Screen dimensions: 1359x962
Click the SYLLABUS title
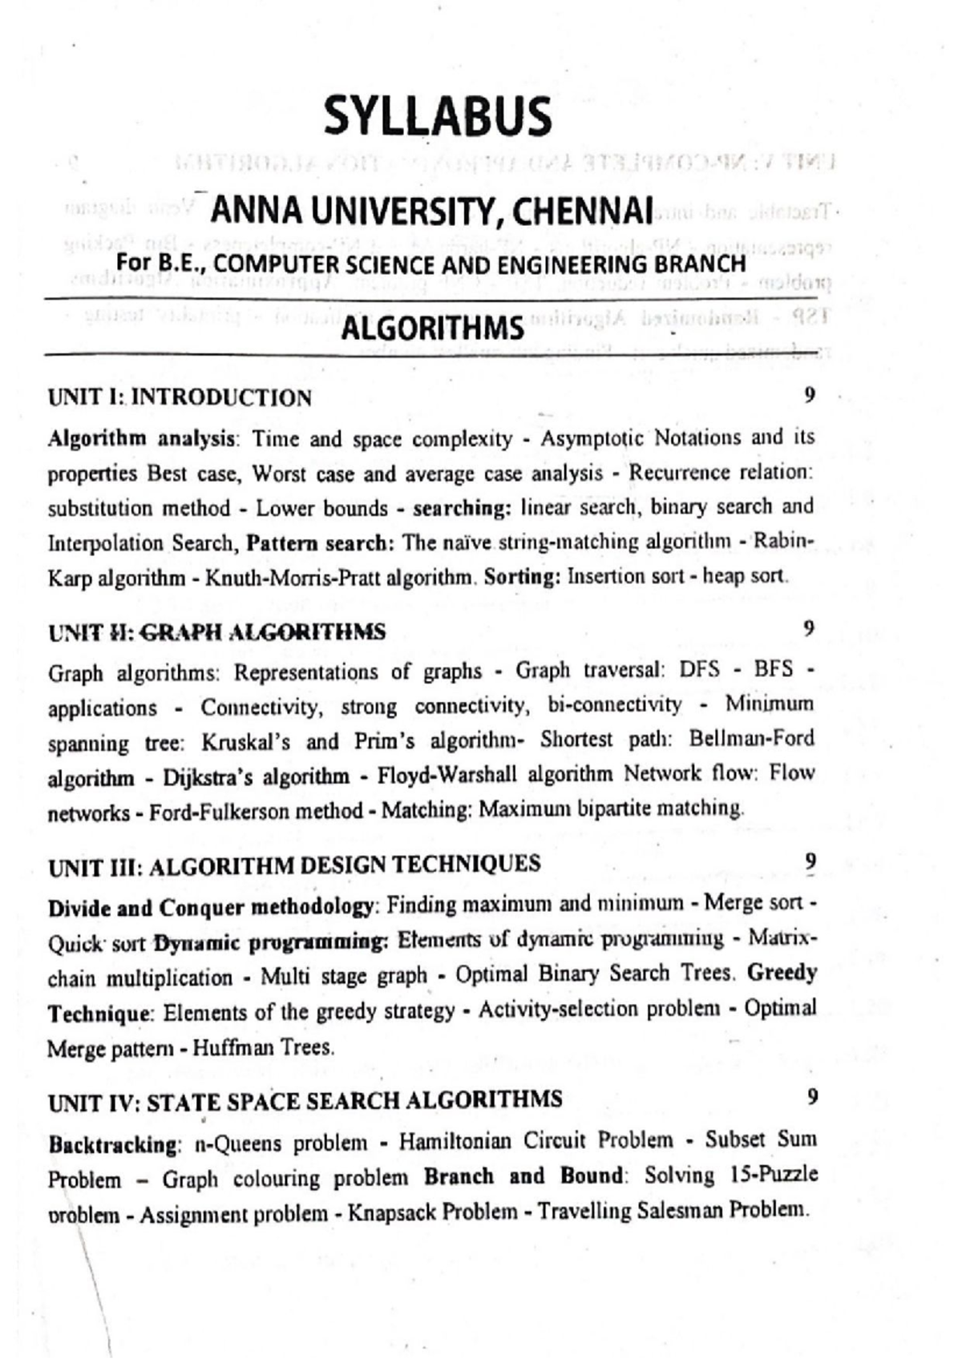point(438,116)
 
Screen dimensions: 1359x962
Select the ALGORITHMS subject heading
point(432,329)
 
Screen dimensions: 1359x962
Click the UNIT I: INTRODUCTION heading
point(180,397)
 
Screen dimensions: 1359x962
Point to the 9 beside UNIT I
point(809,394)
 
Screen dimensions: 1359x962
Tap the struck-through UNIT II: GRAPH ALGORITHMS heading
point(216,632)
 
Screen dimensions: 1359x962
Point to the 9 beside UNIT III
point(810,861)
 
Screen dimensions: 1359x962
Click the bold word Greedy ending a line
point(782,973)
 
